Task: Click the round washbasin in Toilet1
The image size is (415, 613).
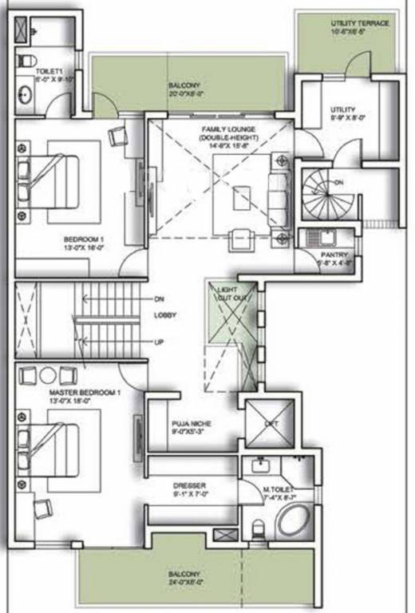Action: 25,100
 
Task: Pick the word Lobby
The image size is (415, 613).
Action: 165,315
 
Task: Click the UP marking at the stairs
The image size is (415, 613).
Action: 160,342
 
